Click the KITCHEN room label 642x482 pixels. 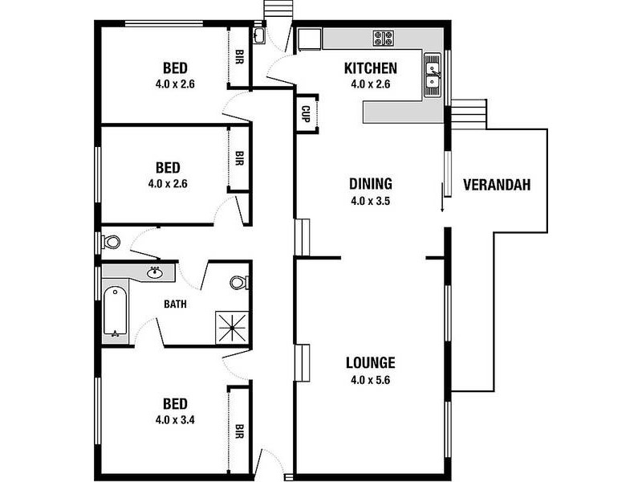[x=370, y=68]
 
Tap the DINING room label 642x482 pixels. [x=371, y=184]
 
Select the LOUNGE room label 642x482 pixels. [x=371, y=363]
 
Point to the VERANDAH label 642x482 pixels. [x=497, y=185]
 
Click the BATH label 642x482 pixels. [x=175, y=304]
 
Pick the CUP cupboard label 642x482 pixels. [x=306, y=114]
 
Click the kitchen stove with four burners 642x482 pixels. [x=384, y=39]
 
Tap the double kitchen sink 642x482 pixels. [x=433, y=76]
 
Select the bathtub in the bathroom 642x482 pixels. [x=115, y=312]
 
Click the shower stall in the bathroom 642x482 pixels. [x=232, y=328]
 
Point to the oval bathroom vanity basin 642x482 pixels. [x=155, y=272]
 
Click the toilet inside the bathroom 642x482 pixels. [x=239, y=283]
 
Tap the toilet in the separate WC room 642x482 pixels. [x=111, y=242]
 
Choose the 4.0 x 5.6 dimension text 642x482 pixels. [x=370, y=380]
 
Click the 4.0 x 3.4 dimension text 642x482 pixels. [x=175, y=420]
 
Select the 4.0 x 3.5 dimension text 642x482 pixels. [x=370, y=202]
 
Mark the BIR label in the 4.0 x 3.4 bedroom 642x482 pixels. [x=239, y=431]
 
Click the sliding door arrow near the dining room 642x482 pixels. [x=442, y=198]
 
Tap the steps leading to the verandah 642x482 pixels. [x=469, y=114]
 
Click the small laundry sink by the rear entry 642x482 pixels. [x=258, y=35]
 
